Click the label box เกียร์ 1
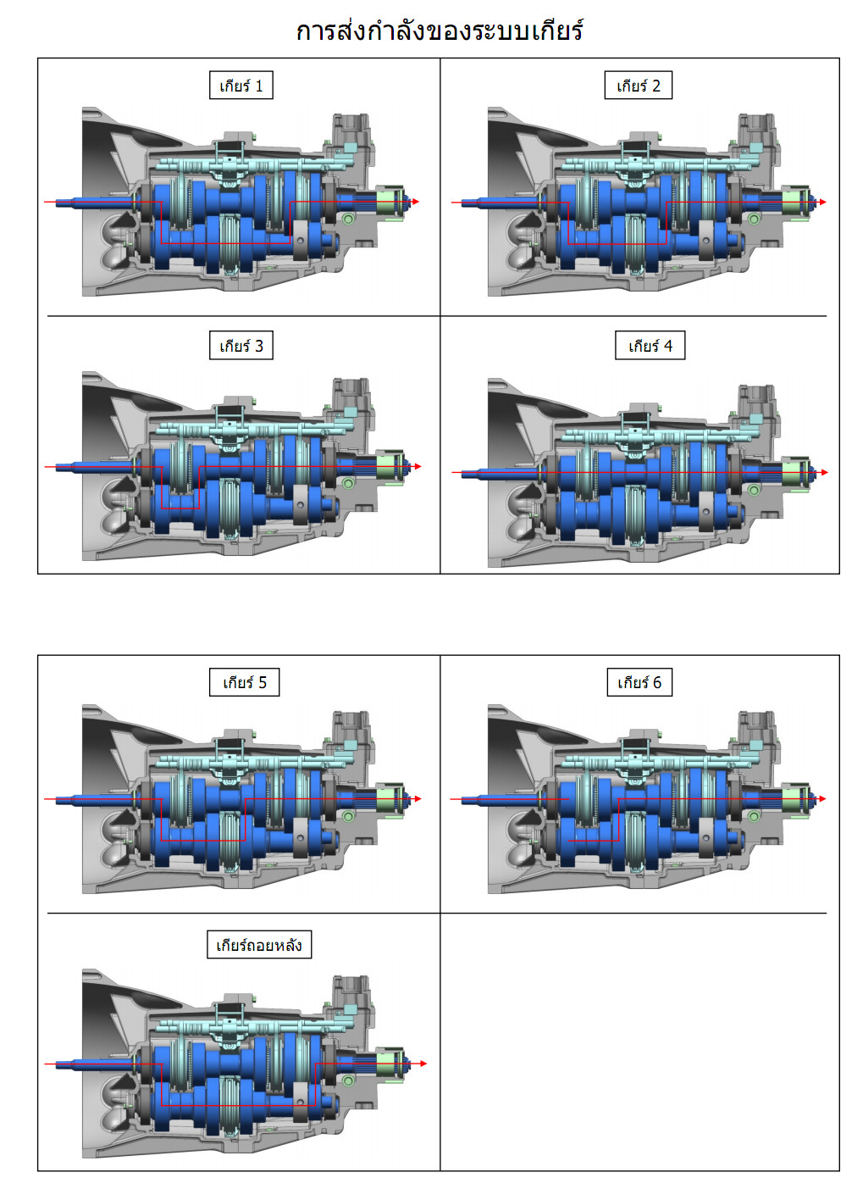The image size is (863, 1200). coord(241,86)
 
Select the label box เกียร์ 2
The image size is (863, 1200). coord(639,86)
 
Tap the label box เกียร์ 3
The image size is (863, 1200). coord(241,346)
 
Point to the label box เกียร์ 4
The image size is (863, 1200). coord(650,346)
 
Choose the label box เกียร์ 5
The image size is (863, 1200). coord(244,682)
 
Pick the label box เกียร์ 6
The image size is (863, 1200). coord(639,682)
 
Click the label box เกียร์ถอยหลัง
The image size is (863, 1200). coord(259,944)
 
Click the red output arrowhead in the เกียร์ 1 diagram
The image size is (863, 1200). coord(416,202)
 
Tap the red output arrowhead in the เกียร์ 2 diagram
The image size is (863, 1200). coord(823,202)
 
